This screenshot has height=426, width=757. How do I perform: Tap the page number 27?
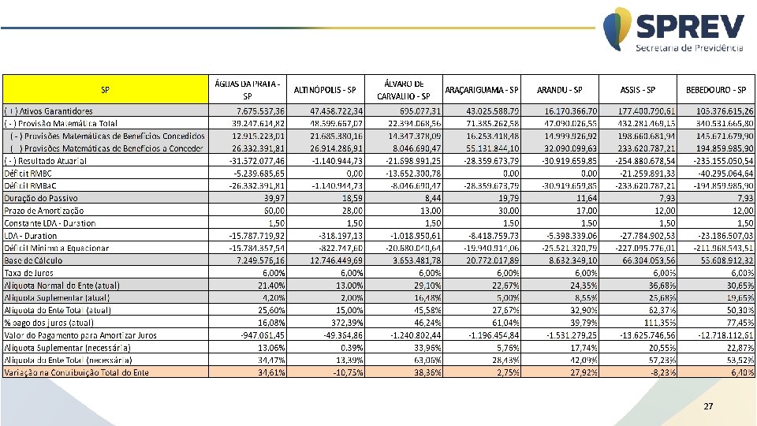coord(707,406)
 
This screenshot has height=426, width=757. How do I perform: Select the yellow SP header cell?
coord(104,89)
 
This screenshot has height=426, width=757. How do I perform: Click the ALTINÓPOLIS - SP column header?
coord(325,89)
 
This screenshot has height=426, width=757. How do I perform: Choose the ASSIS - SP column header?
coord(638,89)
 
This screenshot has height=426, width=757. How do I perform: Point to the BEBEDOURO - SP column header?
coord(716,89)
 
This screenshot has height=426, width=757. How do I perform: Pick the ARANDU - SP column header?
coord(560,89)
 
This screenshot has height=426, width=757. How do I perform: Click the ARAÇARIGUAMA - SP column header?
coord(482,89)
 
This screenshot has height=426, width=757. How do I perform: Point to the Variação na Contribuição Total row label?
coord(76,372)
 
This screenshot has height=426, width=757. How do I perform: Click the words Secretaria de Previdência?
coord(689,48)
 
